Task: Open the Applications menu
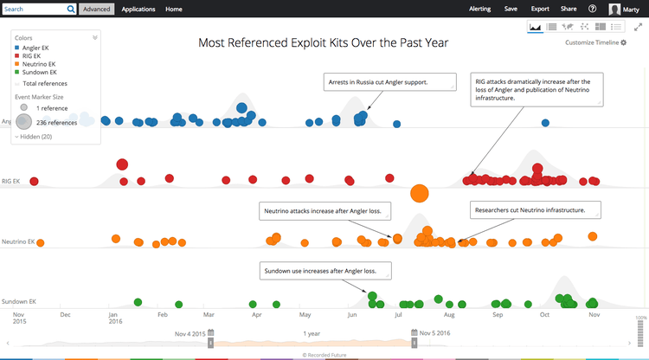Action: pyautogui.click(x=138, y=9)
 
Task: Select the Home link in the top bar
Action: pyautogui.click(x=174, y=9)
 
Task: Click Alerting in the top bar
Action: pyautogui.click(x=479, y=9)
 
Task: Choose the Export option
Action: pyautogui.click(x=540, y=9)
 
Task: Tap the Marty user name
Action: pyautogui.click(x=635, y=10)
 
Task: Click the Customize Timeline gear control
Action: pyautogui.click(x=596, y=42)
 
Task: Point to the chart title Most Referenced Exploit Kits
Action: pyautogui.click(x=324, y=42)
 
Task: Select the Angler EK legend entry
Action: pyautogui.click(x=39, y=47)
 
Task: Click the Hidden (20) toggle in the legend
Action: pyautogui.click(x=35, y=137)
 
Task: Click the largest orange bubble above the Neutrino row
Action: pyautogui.click(x=420, y=194)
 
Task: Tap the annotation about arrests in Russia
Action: pyautogui.click(x=390, y=83)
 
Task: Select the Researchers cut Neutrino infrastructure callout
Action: pyautogui.click(x=533, y=210)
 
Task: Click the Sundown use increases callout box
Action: pyautogui.click(x=324, y=271)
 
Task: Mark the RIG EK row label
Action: pyautogui.click(x=11, y=182)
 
